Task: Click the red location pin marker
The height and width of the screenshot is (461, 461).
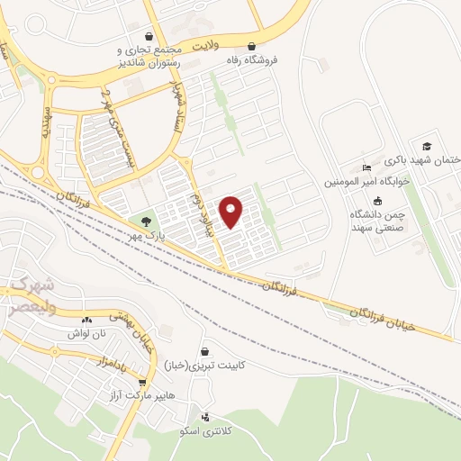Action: pos(231,212)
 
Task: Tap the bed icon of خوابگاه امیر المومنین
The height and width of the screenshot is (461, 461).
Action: pos(366,167)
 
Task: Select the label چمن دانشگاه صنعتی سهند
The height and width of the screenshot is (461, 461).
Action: pos(377,222)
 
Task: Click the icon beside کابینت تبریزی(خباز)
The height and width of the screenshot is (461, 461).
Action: pos(206,351)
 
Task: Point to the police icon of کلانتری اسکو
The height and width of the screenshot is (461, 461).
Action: pos(207,418)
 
